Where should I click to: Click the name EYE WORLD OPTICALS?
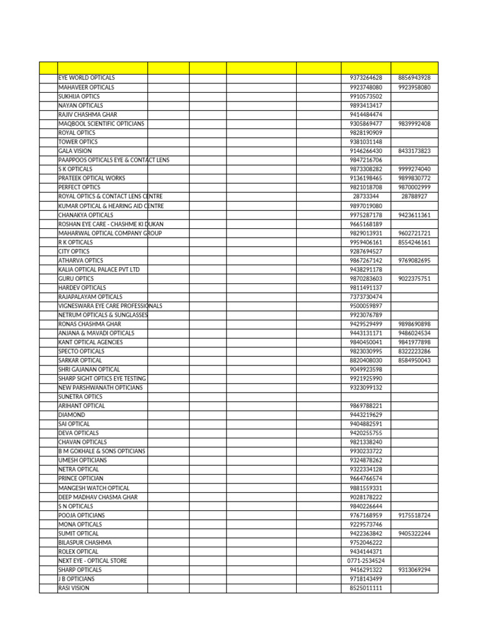coord(86,78)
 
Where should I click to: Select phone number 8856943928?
coord(414,78)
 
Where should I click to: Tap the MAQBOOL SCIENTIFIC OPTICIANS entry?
coord(101,124)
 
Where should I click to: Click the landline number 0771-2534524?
coord(366,560)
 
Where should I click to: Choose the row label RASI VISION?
coord(74,588)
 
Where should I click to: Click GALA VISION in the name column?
coord(75,151)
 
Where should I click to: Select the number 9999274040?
coord(414,169)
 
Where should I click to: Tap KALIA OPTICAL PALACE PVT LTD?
coord(99,270)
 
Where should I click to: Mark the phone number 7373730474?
coord(366,297)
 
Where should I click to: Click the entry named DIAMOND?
coord(72,415)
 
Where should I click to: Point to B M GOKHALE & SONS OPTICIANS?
coord(102,451)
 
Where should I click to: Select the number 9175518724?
coord(414,515)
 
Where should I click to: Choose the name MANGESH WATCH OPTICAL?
coord(94,488)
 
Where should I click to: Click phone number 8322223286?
coord(414,351)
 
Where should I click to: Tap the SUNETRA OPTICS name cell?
coord(80,397)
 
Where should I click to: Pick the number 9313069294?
coord(414,570)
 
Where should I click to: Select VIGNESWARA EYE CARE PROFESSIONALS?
coord(110,306)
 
